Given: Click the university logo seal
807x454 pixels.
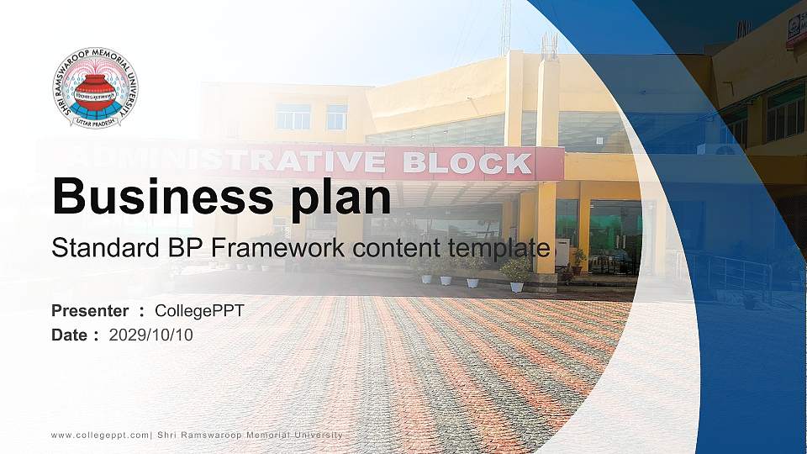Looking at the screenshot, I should (95, 88).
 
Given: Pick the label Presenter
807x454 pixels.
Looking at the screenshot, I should (90, 311).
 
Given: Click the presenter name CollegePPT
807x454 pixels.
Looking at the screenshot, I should (199, 311).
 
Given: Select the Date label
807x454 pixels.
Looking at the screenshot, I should (70, 335).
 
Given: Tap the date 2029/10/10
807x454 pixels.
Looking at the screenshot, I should (151, 335).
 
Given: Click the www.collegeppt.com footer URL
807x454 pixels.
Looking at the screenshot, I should (100, 435).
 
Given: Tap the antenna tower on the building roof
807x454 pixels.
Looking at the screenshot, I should (506, 25).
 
